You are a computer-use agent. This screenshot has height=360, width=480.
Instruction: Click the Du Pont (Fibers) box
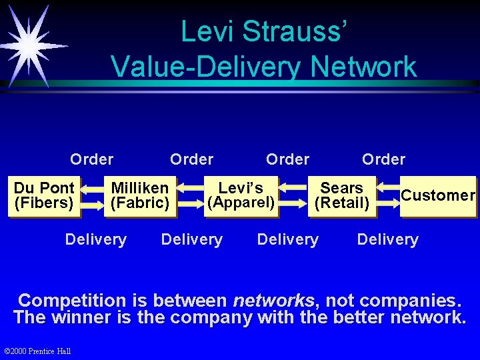pos(44,196)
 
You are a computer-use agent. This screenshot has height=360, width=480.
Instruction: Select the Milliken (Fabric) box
pos(139,196)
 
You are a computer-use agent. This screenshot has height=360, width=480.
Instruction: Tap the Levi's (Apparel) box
pos(241,196)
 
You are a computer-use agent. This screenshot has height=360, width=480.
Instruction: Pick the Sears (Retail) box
pos(342,196)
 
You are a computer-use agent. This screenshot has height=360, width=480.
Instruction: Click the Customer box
pos(437,196)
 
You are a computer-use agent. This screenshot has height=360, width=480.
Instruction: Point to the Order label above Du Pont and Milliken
pos(91,159)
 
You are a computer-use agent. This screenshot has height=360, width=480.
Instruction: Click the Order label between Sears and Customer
pos(383,159)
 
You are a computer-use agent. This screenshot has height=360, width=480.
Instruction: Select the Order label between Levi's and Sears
pos(287,159)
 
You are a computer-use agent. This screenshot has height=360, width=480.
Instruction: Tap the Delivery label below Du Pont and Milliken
pos(95,239)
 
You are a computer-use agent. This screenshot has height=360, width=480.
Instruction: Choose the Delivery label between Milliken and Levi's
pos(192,239)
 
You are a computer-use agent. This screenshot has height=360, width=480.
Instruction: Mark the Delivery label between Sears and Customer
pos(387,239)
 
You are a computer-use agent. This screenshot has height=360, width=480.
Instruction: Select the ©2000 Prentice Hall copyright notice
pos(37,351)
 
